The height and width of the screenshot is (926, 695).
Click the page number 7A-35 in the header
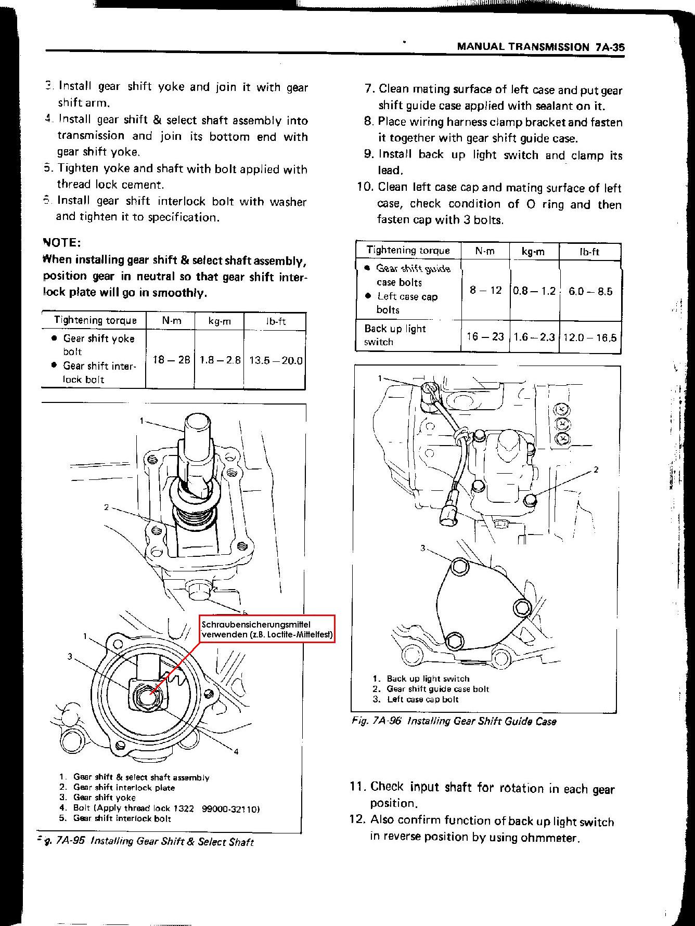[x=610, y=46]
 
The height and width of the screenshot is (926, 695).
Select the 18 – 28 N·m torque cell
[x=171, y=359]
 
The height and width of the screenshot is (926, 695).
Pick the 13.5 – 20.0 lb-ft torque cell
[x=276, y=360]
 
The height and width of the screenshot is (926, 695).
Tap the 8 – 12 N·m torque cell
[x=485, y=290]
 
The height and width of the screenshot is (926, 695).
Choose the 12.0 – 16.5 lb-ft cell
[x=590, y=337]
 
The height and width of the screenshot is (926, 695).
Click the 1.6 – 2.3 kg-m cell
[x=534, y=337]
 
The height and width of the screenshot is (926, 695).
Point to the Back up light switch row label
[x=395, y=335]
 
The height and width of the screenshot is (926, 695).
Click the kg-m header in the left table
[x=220, y=321]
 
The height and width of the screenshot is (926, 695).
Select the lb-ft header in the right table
[x=589, y=252]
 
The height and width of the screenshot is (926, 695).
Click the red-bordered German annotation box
[x=267, y=629]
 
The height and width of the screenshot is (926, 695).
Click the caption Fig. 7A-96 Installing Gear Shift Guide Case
[x=454, y=721]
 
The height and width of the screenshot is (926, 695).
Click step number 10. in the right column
[x=365, y=187]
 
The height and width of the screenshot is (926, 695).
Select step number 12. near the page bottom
[x=358, y=820]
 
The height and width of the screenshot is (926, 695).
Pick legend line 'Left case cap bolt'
[x=422, y=699]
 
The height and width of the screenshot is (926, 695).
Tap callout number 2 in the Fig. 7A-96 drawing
[x=596, y=469]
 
